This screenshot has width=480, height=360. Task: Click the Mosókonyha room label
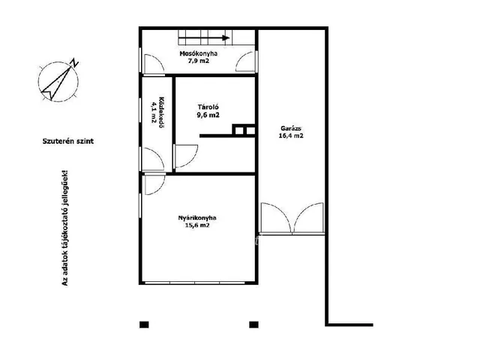point(198,53)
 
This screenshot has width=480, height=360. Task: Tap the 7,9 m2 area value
point(199,61)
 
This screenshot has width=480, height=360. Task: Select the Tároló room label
point(208,107)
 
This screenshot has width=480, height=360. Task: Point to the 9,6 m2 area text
point(208,115)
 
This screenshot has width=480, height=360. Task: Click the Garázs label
point(291,128)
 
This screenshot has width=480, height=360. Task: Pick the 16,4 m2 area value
point(291,136)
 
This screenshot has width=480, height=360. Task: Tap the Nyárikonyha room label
point(197,218)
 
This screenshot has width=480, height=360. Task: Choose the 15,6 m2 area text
point(197,225)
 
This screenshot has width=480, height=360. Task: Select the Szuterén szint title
point(68,141)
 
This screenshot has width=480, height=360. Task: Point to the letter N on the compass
point(74,63)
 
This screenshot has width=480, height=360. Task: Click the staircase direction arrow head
point(226,38)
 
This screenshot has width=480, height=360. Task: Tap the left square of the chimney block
point(239,130)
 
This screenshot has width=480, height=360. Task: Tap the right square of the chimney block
point(250,130)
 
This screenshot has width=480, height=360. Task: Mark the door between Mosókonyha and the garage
point(247,61)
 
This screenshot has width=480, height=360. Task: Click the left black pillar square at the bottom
point(144,325)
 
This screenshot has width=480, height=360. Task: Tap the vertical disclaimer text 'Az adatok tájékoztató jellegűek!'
point(65,228)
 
